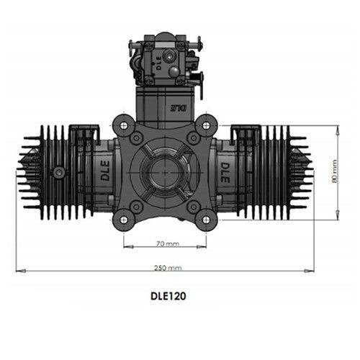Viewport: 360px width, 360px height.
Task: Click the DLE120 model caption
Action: click(168, 296)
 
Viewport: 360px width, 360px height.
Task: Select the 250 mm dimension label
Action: click(168, 268)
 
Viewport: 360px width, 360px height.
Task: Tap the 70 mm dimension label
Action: click(168, 244)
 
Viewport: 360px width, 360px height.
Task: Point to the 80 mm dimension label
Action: click(335, 171)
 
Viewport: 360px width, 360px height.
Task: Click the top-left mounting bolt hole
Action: click(123, 125)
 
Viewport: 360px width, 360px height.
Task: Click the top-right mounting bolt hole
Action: click(206, 125)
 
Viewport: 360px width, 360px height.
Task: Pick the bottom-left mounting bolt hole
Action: click(123, 220)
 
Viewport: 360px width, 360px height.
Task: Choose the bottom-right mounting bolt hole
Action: click(206, 220)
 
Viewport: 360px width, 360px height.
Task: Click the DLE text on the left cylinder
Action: click(105, 171)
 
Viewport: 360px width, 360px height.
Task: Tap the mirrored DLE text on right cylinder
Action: click(225, 173)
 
